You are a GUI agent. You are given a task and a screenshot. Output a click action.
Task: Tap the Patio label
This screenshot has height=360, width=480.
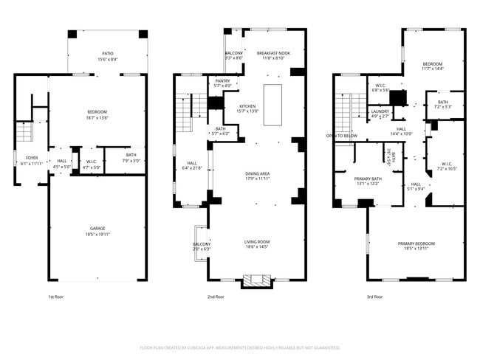(108, 54)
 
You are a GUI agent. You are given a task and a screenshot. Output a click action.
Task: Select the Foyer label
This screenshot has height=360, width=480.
(32, 157)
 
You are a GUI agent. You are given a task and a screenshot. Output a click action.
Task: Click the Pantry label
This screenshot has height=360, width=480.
(222, 80)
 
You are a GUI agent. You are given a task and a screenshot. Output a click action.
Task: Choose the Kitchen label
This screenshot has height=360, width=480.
(247, 106)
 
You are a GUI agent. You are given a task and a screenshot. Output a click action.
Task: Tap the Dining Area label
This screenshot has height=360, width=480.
(257, 173)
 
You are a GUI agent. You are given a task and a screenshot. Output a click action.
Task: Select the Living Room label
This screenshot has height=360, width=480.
(257, 241)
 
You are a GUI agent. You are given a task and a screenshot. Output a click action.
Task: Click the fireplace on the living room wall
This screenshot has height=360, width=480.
(256, 280)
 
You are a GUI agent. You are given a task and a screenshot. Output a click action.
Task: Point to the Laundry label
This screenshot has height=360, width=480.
(380, 111)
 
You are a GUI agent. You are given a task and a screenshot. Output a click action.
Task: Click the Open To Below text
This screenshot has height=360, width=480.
(342, 136)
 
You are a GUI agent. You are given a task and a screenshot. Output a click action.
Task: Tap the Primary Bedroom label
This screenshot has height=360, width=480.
(416, 243)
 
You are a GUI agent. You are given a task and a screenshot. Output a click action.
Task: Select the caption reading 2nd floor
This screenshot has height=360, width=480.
(216, 297)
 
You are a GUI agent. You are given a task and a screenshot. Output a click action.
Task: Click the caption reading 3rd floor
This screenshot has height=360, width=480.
(374, 297)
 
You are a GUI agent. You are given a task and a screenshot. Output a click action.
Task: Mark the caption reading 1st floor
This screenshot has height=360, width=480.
(56, 297)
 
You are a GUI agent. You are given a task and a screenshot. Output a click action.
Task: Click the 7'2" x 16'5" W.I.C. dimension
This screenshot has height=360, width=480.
(447, 168)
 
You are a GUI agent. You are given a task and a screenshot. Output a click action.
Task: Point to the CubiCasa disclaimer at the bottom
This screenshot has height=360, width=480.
(240, 347)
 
